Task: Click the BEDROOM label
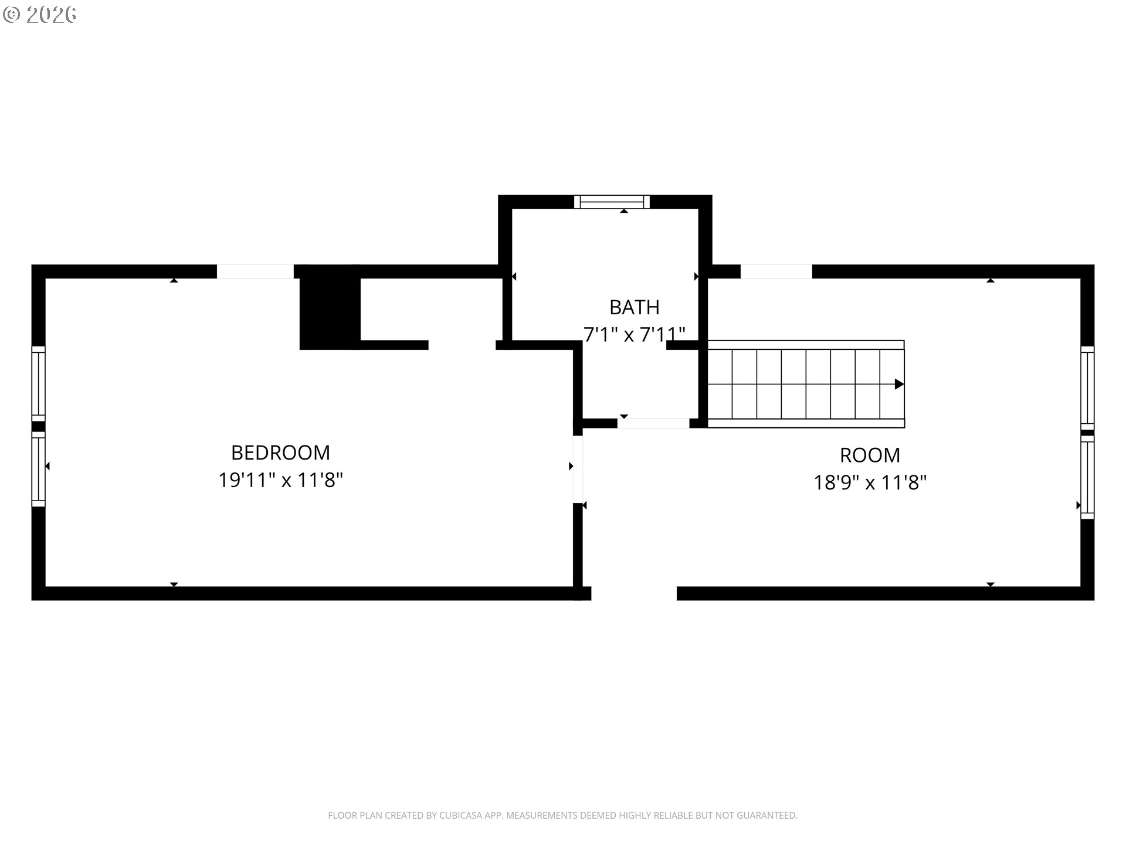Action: [280, 452]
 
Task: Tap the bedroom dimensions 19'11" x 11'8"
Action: [280, 481]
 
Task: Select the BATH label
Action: [634, 307]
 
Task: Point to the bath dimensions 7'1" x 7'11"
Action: [634, 335]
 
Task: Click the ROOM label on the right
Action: [870, 455]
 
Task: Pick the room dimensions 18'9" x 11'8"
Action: [870, 483]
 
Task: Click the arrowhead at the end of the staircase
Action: [898, 384]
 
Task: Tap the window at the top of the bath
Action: [612, 202]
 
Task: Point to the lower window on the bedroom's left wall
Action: [38, 469]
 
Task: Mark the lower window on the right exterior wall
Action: [1087, 477]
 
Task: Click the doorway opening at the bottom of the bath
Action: [653, 423]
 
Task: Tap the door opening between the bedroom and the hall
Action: [578, 469]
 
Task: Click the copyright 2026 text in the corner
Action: [40, 15]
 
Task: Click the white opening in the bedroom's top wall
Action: [255, 271]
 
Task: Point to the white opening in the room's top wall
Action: [776, 271]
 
